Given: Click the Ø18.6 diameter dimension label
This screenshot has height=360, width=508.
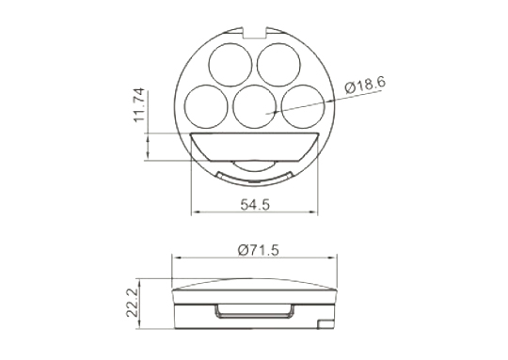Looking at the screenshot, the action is click(365, 85).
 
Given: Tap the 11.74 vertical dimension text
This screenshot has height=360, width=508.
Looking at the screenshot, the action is click(139, 105).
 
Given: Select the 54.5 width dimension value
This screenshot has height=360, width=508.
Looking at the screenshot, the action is click(255, 205).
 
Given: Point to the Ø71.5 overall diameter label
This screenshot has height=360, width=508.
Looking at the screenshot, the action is click(258, 250).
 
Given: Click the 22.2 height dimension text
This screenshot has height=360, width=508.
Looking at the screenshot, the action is click(133, 303).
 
